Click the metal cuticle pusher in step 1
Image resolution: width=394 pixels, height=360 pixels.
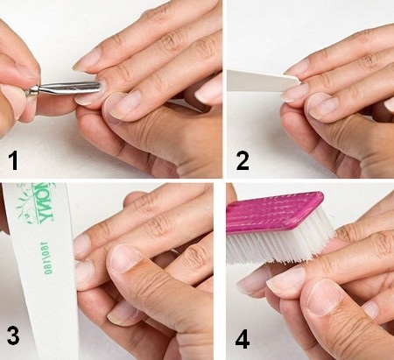coord(67,88)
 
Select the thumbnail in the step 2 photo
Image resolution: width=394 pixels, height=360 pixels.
coord(324,106)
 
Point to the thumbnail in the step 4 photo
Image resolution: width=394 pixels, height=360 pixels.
coord(320,297)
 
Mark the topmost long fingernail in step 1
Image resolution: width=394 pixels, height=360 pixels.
coord(87,59)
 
